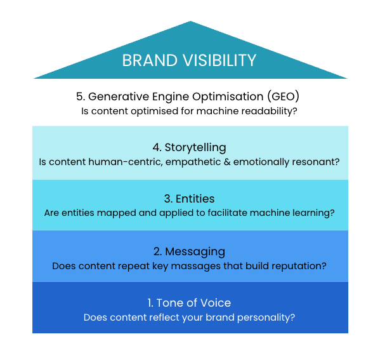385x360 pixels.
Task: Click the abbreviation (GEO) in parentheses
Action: click(282, 97)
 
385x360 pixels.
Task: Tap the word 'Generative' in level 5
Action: click(119, 97)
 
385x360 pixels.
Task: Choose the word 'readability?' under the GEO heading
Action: click(270, 111)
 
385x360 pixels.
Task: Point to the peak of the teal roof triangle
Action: click(190, 23)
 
